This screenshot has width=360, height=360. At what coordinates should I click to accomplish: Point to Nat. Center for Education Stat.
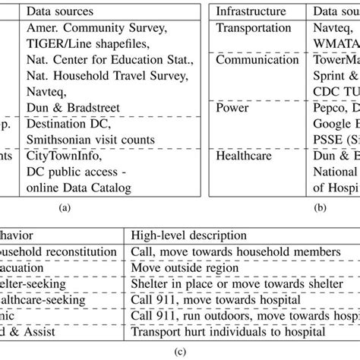pos(107,59)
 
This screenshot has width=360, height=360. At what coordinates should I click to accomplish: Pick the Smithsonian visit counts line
pos(90,139)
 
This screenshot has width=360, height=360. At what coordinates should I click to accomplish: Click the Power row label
pos(232,109)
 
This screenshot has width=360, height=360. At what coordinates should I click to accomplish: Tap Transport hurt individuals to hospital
pos(227,332)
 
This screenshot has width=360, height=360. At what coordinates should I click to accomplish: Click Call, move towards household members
pos(220,252)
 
